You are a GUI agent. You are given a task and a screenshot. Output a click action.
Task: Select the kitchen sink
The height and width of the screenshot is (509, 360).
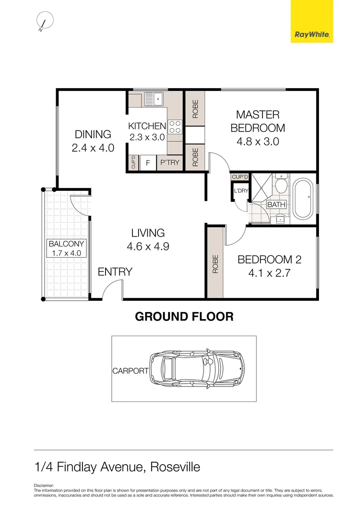(x=154, y=99)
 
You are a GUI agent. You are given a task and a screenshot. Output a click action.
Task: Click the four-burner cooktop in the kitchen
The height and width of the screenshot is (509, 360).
(x=175, y=127)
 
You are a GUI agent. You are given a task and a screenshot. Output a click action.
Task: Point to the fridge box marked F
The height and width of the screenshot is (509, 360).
(x=147, y=163)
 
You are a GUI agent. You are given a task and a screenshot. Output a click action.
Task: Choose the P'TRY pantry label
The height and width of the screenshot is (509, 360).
(x=170, y=163)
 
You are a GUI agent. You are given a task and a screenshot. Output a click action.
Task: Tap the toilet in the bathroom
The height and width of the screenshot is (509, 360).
(x=281, y=186)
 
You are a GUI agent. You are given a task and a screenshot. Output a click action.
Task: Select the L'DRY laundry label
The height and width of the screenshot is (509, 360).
(x=241, y=191)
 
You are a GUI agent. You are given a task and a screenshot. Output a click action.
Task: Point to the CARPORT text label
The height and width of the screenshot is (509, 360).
(x=130, y=371)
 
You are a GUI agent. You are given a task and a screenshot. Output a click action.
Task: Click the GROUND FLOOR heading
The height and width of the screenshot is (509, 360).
(x=184, y=317)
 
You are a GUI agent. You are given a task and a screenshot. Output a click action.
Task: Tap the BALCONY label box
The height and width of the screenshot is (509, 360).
(x=66, y=248)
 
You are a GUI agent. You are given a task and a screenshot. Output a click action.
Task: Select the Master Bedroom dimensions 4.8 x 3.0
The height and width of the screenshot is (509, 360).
(x=258, y=141)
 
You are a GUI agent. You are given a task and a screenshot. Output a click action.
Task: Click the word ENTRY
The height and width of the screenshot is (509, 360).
(x=115, y=272)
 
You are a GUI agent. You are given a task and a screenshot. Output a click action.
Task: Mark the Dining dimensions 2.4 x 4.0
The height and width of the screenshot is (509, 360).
(x=93, y=148)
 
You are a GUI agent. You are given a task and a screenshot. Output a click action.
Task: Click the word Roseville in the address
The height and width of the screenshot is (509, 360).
(x=175, y=467)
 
